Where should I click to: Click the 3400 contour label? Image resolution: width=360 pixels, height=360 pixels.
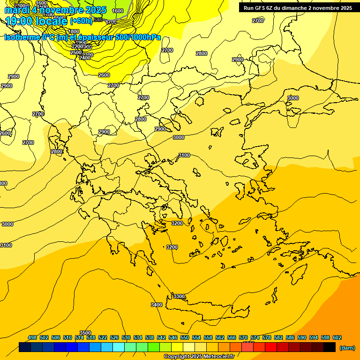(x=157, y=305)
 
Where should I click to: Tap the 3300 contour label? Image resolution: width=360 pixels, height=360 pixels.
(x=179, y=296)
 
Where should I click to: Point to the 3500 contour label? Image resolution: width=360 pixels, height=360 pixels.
(x=85, y=333)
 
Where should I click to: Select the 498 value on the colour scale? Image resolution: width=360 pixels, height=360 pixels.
(x=32, y=337)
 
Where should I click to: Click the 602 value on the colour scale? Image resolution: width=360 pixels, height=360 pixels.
(x=337, y=337)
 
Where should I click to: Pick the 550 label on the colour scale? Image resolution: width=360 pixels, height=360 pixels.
(x=185, y=337)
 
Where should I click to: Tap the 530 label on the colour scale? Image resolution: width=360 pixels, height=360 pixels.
(x=126, y=337)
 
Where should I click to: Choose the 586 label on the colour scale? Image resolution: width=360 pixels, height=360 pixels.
(x=290, y=337)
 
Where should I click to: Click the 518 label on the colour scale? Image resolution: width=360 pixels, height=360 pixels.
(x=91, y=337)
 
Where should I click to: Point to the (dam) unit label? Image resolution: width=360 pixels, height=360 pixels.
(x=347, y=348)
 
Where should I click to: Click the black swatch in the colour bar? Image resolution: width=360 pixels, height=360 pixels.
(x=330, y=347)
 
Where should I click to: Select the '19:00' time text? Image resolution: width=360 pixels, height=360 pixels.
(x=19, y=21)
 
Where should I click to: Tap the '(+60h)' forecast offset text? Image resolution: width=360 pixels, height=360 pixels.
(x=82, y=21)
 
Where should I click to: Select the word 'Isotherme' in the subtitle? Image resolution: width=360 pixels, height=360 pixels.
(x=22, y=37)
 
